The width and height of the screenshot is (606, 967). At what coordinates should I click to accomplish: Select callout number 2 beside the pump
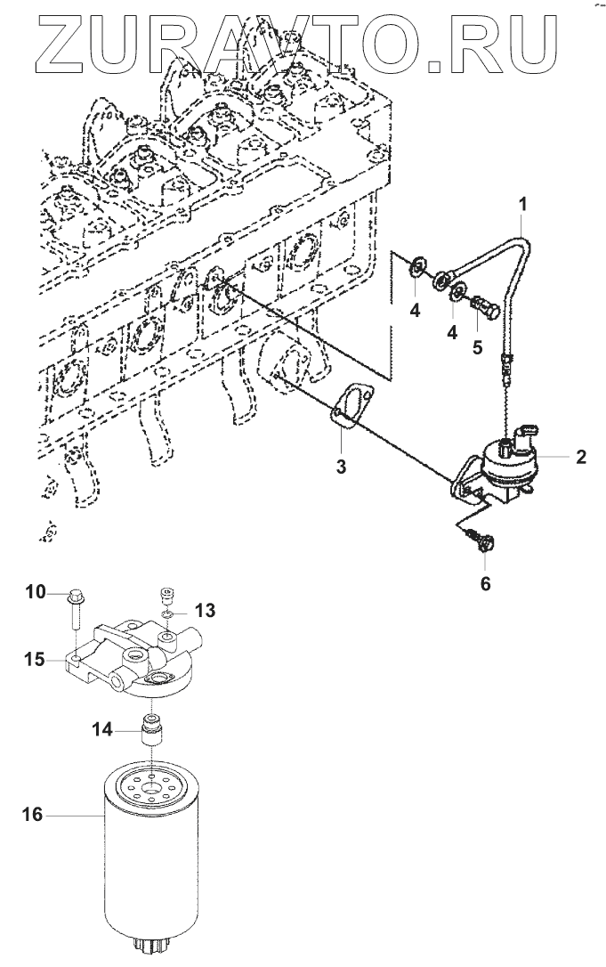(x=580, y=458)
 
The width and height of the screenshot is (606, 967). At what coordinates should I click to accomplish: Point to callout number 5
(x=478, y=347)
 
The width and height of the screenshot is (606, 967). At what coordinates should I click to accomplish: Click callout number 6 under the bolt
(x=485, y=584)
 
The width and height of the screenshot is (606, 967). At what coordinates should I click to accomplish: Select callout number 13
(x=205, y=610)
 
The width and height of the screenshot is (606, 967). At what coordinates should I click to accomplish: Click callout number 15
(x=36, y=659)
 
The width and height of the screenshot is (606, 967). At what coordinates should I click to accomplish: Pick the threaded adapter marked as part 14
(x=154, y=733)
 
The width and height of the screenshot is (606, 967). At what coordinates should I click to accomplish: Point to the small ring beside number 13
(x=168, y=614)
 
